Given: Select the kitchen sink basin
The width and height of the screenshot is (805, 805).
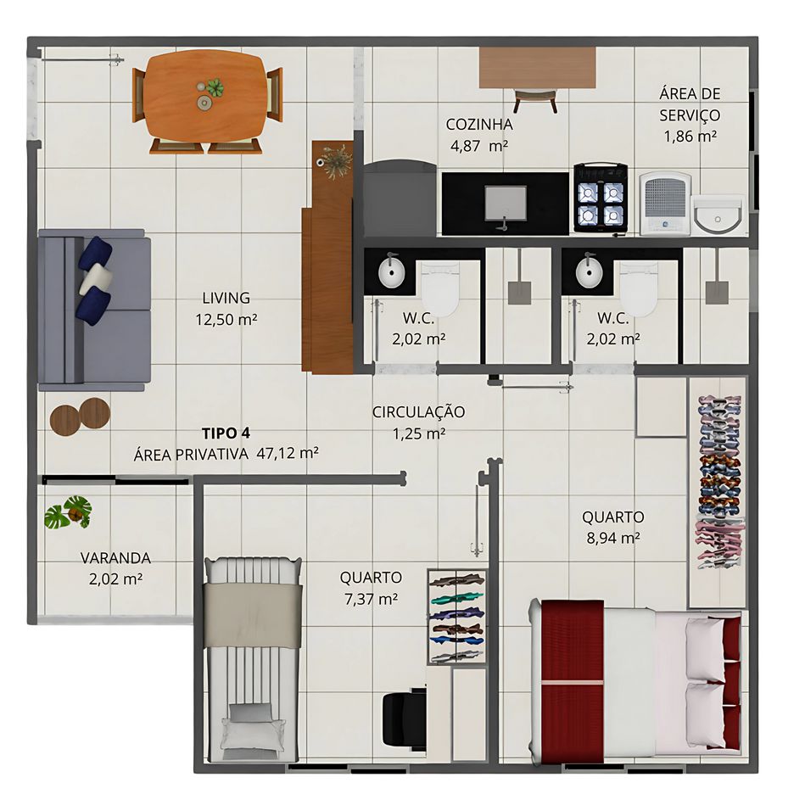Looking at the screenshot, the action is pos(506,204).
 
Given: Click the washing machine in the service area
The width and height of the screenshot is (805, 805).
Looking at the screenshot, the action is pos(665,204).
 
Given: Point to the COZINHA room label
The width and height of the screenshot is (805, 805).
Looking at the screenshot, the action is pos(479,124).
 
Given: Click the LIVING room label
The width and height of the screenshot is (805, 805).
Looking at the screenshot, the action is pos(226,298).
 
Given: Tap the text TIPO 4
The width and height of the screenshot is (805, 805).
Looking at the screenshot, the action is pos(226,433).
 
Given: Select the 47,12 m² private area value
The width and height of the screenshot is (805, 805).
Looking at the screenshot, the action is pos(288,453).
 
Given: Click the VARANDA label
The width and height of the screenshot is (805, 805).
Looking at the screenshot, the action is pos(115,558).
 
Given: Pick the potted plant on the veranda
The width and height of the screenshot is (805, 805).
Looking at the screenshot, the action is pos(69,512).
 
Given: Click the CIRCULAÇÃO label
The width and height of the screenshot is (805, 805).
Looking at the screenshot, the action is pos(418,411).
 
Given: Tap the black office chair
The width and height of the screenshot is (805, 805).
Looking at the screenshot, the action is pos(405,718).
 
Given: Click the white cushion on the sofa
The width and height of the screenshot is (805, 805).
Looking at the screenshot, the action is pos(96,279).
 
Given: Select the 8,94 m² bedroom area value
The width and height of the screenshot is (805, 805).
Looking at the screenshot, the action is pos(613,538).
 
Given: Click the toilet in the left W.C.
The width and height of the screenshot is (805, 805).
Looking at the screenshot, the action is pos(440,290).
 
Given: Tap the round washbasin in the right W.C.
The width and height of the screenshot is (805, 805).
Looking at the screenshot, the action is pos(589,272).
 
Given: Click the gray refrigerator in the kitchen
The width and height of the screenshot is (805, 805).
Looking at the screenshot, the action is pos(400,198).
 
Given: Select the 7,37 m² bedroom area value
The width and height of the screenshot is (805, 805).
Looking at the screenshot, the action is pos(372,599).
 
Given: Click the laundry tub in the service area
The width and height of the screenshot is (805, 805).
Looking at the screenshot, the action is pos(718,215).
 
